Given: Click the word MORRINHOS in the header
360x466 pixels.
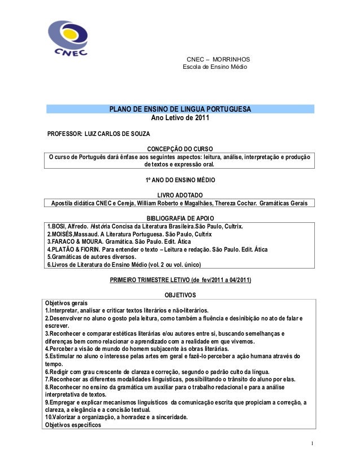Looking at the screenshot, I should (231, 60).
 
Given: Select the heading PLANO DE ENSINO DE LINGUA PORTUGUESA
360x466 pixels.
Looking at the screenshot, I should (179, 109).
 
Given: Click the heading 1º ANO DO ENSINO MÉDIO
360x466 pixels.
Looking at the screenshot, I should (179, 181).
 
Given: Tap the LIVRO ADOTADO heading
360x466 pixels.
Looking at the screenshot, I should (179, 195).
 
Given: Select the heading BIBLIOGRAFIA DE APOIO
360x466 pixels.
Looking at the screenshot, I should (179, 218).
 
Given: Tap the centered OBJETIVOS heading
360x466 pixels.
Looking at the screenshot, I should (179, 295).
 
